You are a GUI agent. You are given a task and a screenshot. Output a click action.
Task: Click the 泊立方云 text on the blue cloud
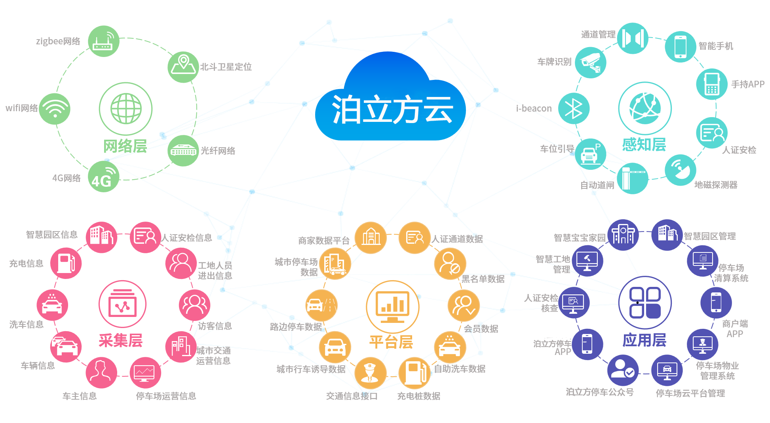[392, 110]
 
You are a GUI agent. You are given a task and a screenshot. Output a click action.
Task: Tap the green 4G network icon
[103, 177]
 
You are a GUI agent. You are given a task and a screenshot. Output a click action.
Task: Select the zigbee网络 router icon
[103, 42]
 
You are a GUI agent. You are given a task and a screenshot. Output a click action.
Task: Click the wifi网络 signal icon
[55, 109]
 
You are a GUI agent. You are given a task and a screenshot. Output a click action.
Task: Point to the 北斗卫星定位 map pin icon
[183, 67]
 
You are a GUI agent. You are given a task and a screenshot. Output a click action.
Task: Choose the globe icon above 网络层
[126, 109]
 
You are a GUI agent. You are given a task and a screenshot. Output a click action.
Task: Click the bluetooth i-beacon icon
[574, 108]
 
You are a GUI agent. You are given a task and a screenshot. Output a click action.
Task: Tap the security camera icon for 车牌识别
[590, 63]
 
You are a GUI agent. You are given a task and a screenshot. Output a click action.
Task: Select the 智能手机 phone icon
[680, 47]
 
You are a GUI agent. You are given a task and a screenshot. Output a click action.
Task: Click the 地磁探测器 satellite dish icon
[680, 170]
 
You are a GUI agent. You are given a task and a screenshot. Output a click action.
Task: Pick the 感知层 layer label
[644, 145]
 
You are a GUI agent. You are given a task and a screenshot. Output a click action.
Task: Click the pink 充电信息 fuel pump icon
[66, 263]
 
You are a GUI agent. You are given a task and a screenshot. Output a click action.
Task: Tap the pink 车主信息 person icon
[101, 372]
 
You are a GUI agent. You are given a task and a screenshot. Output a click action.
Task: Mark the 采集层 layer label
[120, 340]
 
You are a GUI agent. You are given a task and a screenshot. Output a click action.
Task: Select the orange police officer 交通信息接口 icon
[370, 373]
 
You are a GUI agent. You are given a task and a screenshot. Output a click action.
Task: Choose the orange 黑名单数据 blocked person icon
[450, 264]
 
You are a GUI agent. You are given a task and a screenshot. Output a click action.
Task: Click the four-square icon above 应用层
[645, 303]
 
